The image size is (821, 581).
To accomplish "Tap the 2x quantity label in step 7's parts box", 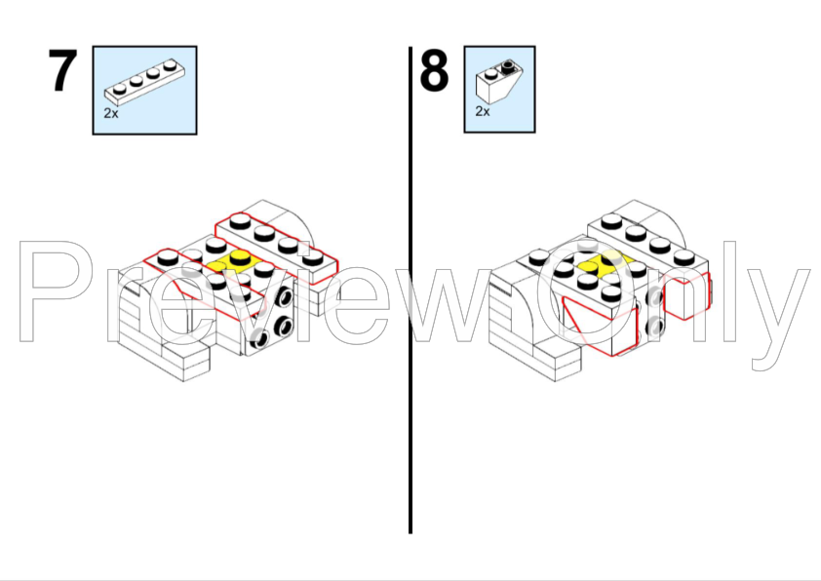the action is [x=111, y=113].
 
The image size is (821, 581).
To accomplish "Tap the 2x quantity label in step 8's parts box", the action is [x=483, y=111].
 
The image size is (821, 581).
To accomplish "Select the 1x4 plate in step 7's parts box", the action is [x=144, y=82].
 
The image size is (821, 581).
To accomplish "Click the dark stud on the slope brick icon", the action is [x=508, y=66].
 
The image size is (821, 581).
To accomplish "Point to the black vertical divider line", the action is [x=410, y=290].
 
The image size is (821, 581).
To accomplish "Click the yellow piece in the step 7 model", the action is [x=233, y=263].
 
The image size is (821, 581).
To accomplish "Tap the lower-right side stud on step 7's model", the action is [x=284, y=327].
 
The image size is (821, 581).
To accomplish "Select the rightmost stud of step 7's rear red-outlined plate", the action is [x=313, y=256].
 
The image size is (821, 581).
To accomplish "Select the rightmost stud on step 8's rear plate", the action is [x=684, y=256].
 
